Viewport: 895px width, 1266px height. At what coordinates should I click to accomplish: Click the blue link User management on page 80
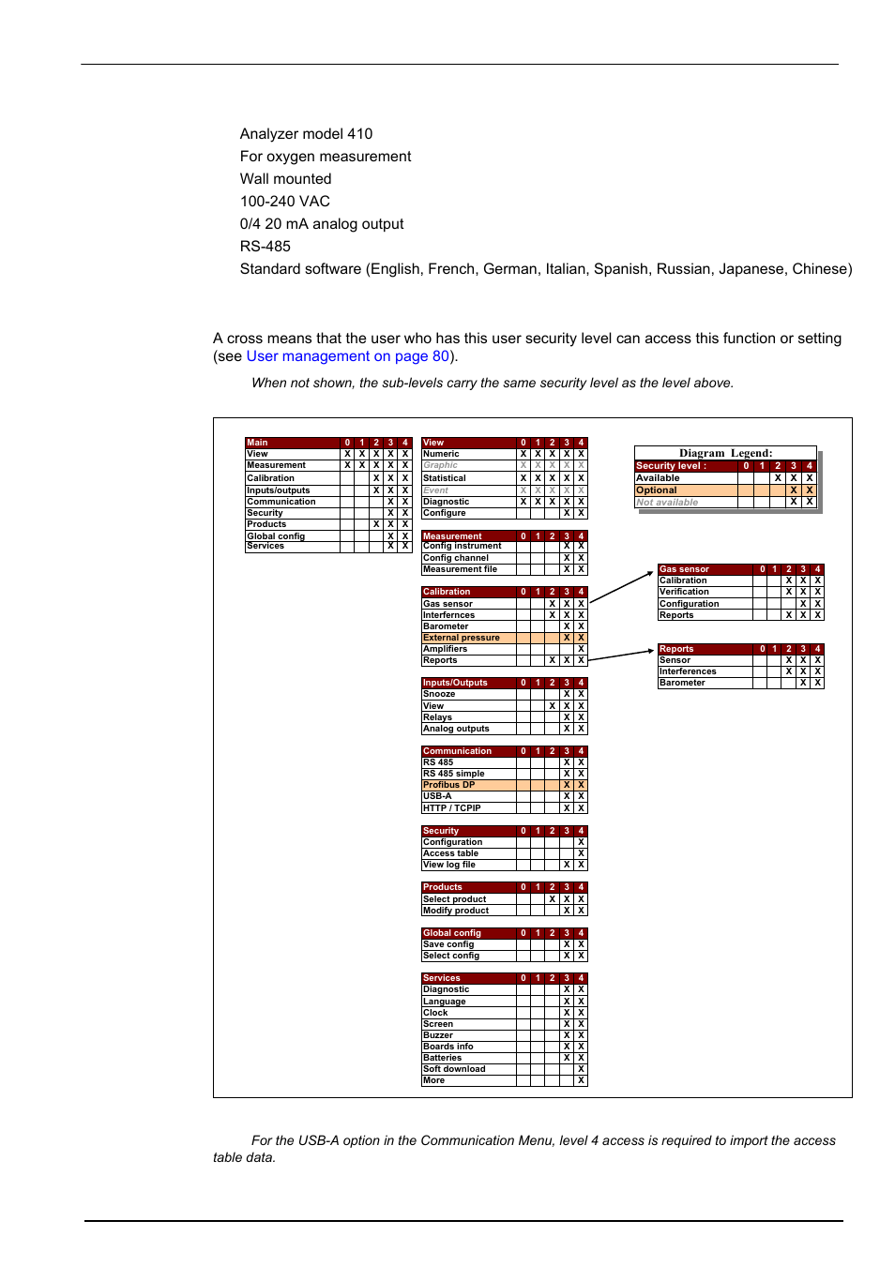click(347, 356)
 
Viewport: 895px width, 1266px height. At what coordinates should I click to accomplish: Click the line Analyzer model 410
click(306, 134)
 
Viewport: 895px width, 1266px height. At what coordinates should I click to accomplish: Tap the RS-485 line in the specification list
click(265, 247)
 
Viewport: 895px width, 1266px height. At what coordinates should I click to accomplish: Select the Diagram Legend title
click(725, 453)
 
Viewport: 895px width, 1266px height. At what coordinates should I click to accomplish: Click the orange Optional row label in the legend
click(657, 490)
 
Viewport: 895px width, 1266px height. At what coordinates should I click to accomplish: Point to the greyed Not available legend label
click(667, 503)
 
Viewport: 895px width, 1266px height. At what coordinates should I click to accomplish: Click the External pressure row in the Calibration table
click(462, 638)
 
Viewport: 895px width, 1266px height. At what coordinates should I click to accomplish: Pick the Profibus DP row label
click(449, 785)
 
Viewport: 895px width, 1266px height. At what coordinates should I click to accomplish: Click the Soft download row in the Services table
click(454, 1069)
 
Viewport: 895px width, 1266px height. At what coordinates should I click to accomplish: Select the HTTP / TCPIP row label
click(452, 808)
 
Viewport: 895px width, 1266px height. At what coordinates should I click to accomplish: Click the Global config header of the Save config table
click(452, 933)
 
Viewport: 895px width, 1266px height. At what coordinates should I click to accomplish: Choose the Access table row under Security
click(451, 853)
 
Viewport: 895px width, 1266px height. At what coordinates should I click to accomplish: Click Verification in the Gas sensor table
click(684, 592)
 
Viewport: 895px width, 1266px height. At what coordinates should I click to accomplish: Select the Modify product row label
click(456, 911)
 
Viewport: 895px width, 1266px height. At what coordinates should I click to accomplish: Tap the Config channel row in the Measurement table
click(456, 558)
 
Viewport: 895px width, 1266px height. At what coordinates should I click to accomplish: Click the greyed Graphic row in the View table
click(441, 465)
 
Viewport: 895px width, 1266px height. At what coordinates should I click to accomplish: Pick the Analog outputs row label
click(456, 729)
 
